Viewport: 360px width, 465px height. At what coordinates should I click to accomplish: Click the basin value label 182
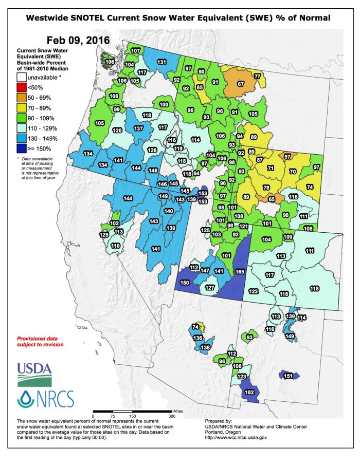click(x=250, y=393)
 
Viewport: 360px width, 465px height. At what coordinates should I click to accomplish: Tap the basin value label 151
click(x=289, y=376)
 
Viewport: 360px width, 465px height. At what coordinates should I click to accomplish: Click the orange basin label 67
click(x=240, y=83)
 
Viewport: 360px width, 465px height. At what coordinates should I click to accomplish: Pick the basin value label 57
click(x=287, y=156)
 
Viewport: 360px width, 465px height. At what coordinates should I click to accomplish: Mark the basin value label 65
click(x=272, y=199)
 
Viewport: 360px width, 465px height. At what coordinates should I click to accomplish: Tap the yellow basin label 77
click(x=257, y=77)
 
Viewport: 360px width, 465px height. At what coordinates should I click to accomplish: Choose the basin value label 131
click(x=161, y=62)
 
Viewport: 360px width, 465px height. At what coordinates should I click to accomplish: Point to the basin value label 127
click(x=210, y=288)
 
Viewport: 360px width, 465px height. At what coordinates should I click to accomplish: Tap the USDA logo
click(x=34, y=374)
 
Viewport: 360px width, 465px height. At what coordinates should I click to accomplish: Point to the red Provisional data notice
click(x=41, y=342)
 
